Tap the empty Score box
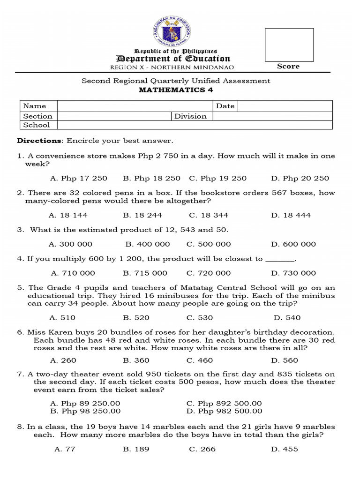(x=289, y=45)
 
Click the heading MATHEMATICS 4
(x=176, y=90)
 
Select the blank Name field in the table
(x=135, y=106)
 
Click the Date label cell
(x=225, y=106)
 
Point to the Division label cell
(x=190, y=116)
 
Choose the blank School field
(x=195, y=125)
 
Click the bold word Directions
(x=39, y=141)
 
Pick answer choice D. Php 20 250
(x=300, y=178)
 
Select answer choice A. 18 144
(x=68, y=215)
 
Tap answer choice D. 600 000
(x=293, y=244)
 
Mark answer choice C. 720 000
(x=209, y=273)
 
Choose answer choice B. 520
(x=136, y=318)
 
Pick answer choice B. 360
(x=136, y=360)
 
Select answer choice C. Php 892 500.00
(x=224, y=404)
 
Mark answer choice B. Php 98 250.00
(x=85, y=411)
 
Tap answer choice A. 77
(x=65, y=449)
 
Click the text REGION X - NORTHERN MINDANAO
(x=170, y=67)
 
